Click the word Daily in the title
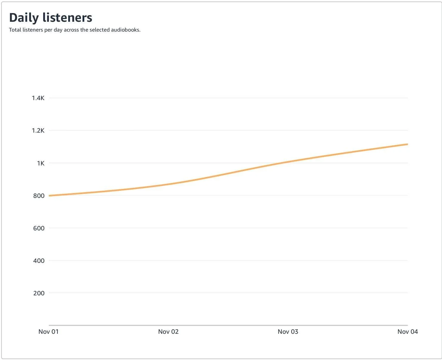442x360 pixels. [x=24, y=18]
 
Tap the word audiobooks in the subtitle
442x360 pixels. [x=125, y=30]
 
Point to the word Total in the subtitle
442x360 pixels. [x=15, y=30]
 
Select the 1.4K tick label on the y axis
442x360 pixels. [x=38, y=98]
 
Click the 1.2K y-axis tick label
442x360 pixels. [x=38, y=131]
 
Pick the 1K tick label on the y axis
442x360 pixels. [x=41, y=163]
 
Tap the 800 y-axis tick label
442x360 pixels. [x=39, y=196]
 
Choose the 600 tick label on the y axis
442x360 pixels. [x=39, y=228]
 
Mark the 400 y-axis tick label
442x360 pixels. [x=39, y=261]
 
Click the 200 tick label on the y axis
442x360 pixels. [x=39, y=293]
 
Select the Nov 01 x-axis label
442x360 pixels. [x=49, y=332]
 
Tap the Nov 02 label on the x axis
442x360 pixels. [x=168, y=332]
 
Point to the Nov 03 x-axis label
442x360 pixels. [x=288, y=332]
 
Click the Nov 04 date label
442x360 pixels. [x=407, y=332]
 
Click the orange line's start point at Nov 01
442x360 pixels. [x=49, y=195]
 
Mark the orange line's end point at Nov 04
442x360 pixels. [x=407, y=144]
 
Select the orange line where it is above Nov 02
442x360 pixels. [x=169, y=184]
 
